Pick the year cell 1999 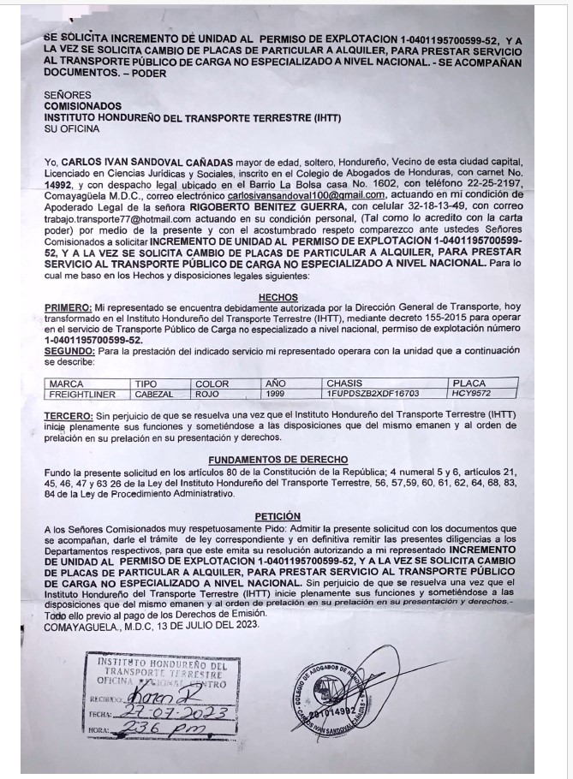(x=276, y=394)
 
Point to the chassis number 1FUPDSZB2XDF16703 (x=373, y=394)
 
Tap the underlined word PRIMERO (x=67, y=307)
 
